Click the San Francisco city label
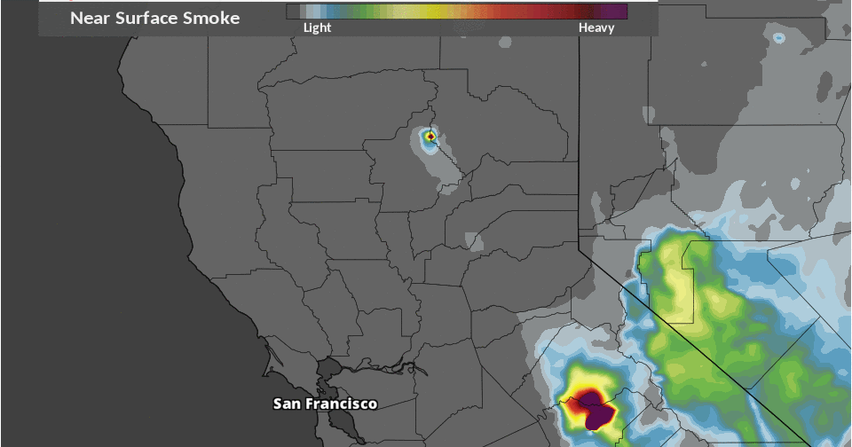[x=325, y=404]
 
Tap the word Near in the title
[x=90, y=18]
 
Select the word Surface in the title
[x=151, y=18]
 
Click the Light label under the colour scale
[x=317, y=27]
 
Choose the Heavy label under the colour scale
[x=596, y=27]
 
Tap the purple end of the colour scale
[x=616, y=12]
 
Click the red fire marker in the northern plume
[x=430, y=137]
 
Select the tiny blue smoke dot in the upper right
[x=779, y=38]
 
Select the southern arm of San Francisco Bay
[x=350, y=426]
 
